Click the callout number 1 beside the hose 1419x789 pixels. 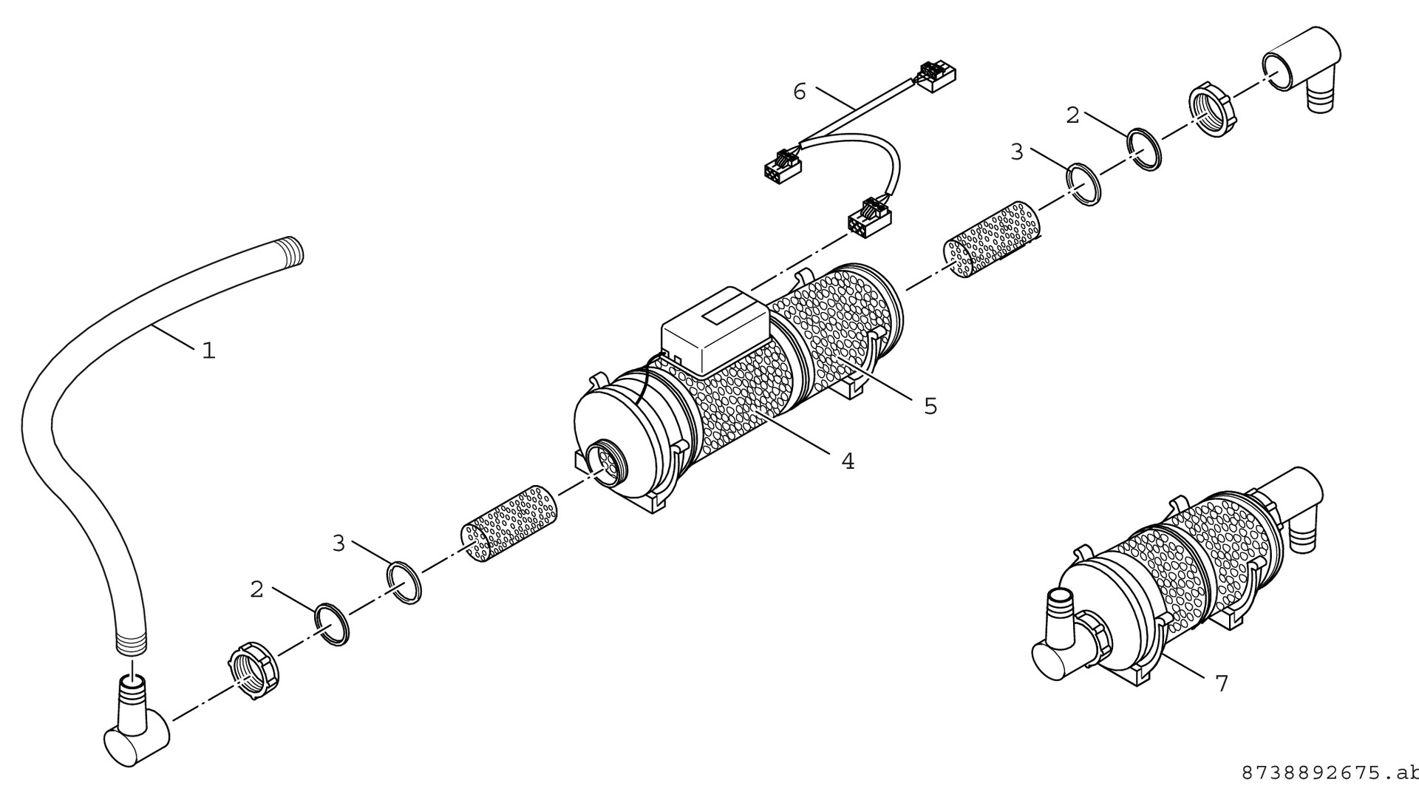209,351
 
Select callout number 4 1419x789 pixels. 848,461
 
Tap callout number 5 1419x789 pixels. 930,406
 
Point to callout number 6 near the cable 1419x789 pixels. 800,92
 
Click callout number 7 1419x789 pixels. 1222,684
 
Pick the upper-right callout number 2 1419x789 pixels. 1072,115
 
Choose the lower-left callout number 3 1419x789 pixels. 338,544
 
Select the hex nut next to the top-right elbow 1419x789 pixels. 1212,113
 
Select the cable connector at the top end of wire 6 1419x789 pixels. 935,76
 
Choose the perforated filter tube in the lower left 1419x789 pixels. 510,522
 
